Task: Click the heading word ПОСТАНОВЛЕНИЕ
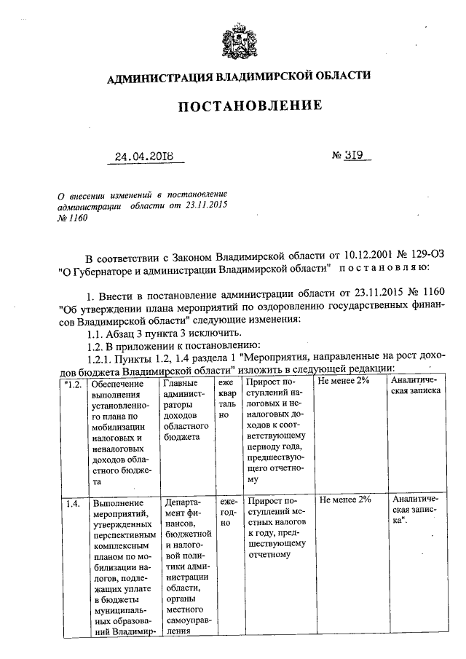pos(250,106)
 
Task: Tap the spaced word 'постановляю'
pos(373,269)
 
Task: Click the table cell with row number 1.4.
pos(72,500)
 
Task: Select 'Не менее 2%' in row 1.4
pos(345,500)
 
